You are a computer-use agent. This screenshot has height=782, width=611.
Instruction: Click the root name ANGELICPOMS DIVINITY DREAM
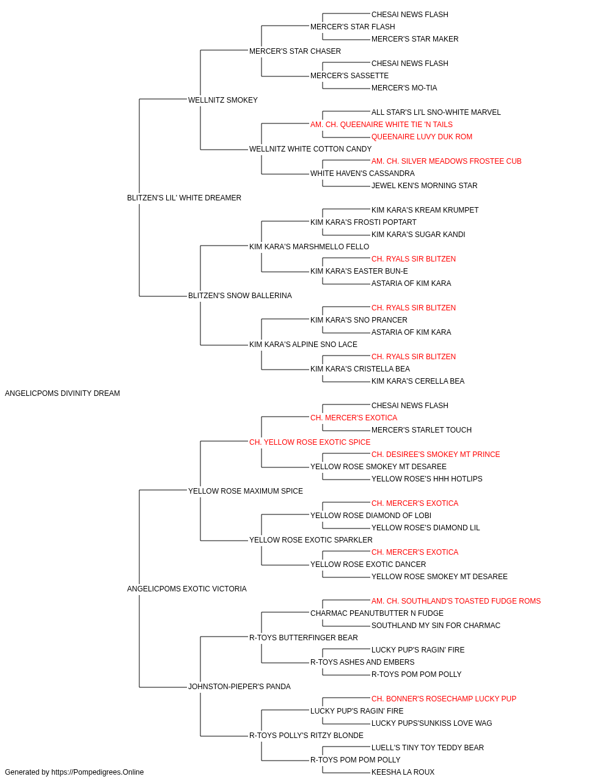pyautogui.click(x=62, y=393)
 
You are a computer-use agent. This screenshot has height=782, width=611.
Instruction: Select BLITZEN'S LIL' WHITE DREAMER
pyautogui.click(x=185, y=198)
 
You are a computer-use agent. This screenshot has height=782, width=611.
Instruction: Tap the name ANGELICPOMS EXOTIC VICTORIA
pyautogui.click(x=187, y=589)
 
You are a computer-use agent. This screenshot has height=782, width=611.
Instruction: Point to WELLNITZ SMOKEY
pyautogui.click(x=223, y=100)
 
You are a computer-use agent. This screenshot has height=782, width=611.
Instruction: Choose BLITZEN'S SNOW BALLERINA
pyautogui.click(x=240, y=296)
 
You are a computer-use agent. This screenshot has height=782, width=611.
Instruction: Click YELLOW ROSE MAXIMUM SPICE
pyautogui.click(x=246, y=491)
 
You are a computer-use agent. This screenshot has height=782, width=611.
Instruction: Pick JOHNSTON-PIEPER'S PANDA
pyautogui.click(x=240, y=686)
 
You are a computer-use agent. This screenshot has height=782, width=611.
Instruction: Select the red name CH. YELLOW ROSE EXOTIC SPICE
pyautogui.click(x=310, y=442)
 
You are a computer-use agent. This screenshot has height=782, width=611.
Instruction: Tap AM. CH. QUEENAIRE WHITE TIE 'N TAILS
pyautogui.click(x=381, y=125)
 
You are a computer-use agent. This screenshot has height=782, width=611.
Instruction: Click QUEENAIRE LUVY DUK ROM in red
pyautogui.click(x=422, y=137)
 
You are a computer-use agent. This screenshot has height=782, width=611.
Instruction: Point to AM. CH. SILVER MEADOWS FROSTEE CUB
pyautogui.click(x=447, y=161)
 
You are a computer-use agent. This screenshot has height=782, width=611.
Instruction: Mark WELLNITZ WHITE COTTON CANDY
pyautogui.click(x=310, y=149)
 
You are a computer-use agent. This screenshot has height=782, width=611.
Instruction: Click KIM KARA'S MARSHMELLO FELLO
pyautogui.click(x=309, y=246)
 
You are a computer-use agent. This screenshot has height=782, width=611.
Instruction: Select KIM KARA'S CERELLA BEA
pyautogui.click(x=418, y=381)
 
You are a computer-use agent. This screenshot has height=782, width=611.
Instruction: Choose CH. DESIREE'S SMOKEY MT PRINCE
pyautogui.click(x=436, y=454)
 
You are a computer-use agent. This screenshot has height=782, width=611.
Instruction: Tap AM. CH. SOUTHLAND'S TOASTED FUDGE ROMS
pyautogui.click(x=456, y=601)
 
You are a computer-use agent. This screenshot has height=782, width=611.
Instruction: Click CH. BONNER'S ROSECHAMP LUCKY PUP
pyautogui.click(x=444, y=698)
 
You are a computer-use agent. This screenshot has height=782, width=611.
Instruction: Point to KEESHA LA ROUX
pyautogui.click(x=403, y=772)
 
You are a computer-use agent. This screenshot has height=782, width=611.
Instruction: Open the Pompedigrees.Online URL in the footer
pyautogui.click(x=98, y=772)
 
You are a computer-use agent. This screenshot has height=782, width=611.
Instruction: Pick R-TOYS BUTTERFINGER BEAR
pyautogui.click(x=304, y=638)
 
